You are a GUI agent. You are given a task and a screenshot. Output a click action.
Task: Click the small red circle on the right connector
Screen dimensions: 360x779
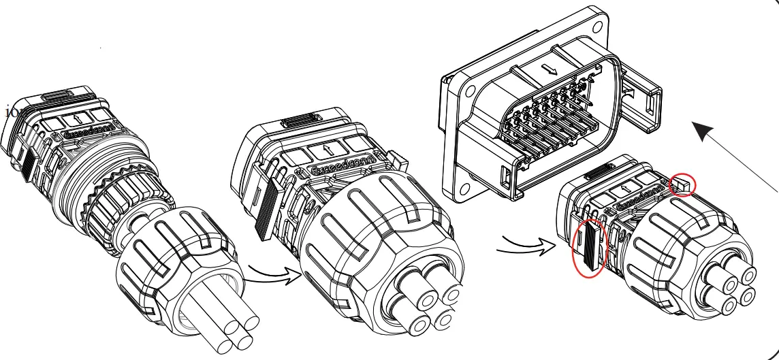tap(683, 184)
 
